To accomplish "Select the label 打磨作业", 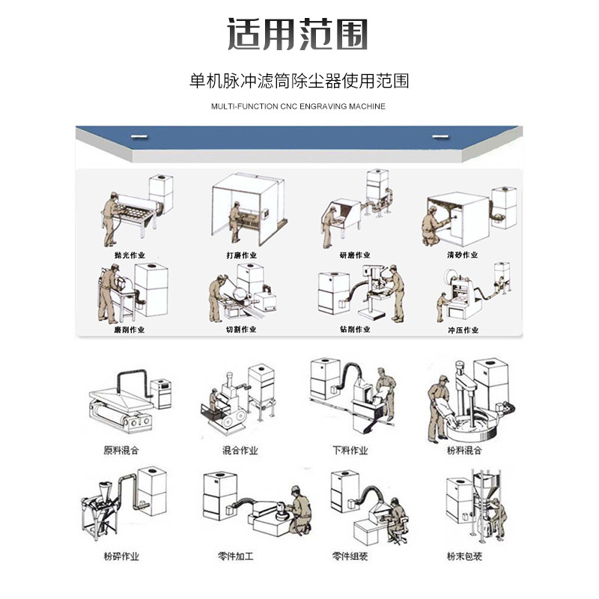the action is coord(241,255).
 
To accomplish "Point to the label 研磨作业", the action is coord(354,255).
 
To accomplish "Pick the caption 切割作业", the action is coord(241,329).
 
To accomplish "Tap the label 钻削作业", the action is coord(354,329).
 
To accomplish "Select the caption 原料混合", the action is coord(121,451).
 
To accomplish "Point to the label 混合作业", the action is coord(240,451).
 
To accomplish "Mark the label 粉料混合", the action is coord(464,451).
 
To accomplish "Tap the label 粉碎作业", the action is coord(121,556).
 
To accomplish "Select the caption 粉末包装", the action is coord(464,556).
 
